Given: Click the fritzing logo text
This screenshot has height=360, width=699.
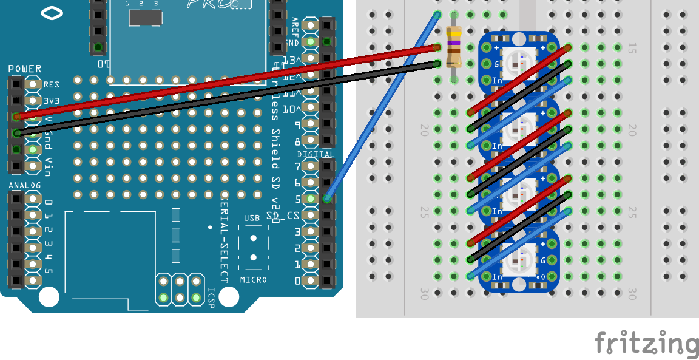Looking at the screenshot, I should (646, 344).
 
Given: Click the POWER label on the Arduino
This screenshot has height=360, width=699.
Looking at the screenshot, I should (25, 69).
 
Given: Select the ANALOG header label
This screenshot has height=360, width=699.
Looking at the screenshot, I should (25, 185).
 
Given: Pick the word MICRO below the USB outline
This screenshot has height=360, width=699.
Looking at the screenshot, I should (253, 280).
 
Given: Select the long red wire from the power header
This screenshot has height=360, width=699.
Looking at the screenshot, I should (225, 81).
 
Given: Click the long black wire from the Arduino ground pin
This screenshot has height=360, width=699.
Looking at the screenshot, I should (225, 98).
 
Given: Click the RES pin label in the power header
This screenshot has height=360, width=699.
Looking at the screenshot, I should (51, 85).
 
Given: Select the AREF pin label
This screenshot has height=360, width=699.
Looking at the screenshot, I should (295, 27).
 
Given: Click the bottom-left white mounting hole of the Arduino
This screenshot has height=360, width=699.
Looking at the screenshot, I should (49, 297).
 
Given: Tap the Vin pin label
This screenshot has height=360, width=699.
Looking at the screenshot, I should (49, 166).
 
